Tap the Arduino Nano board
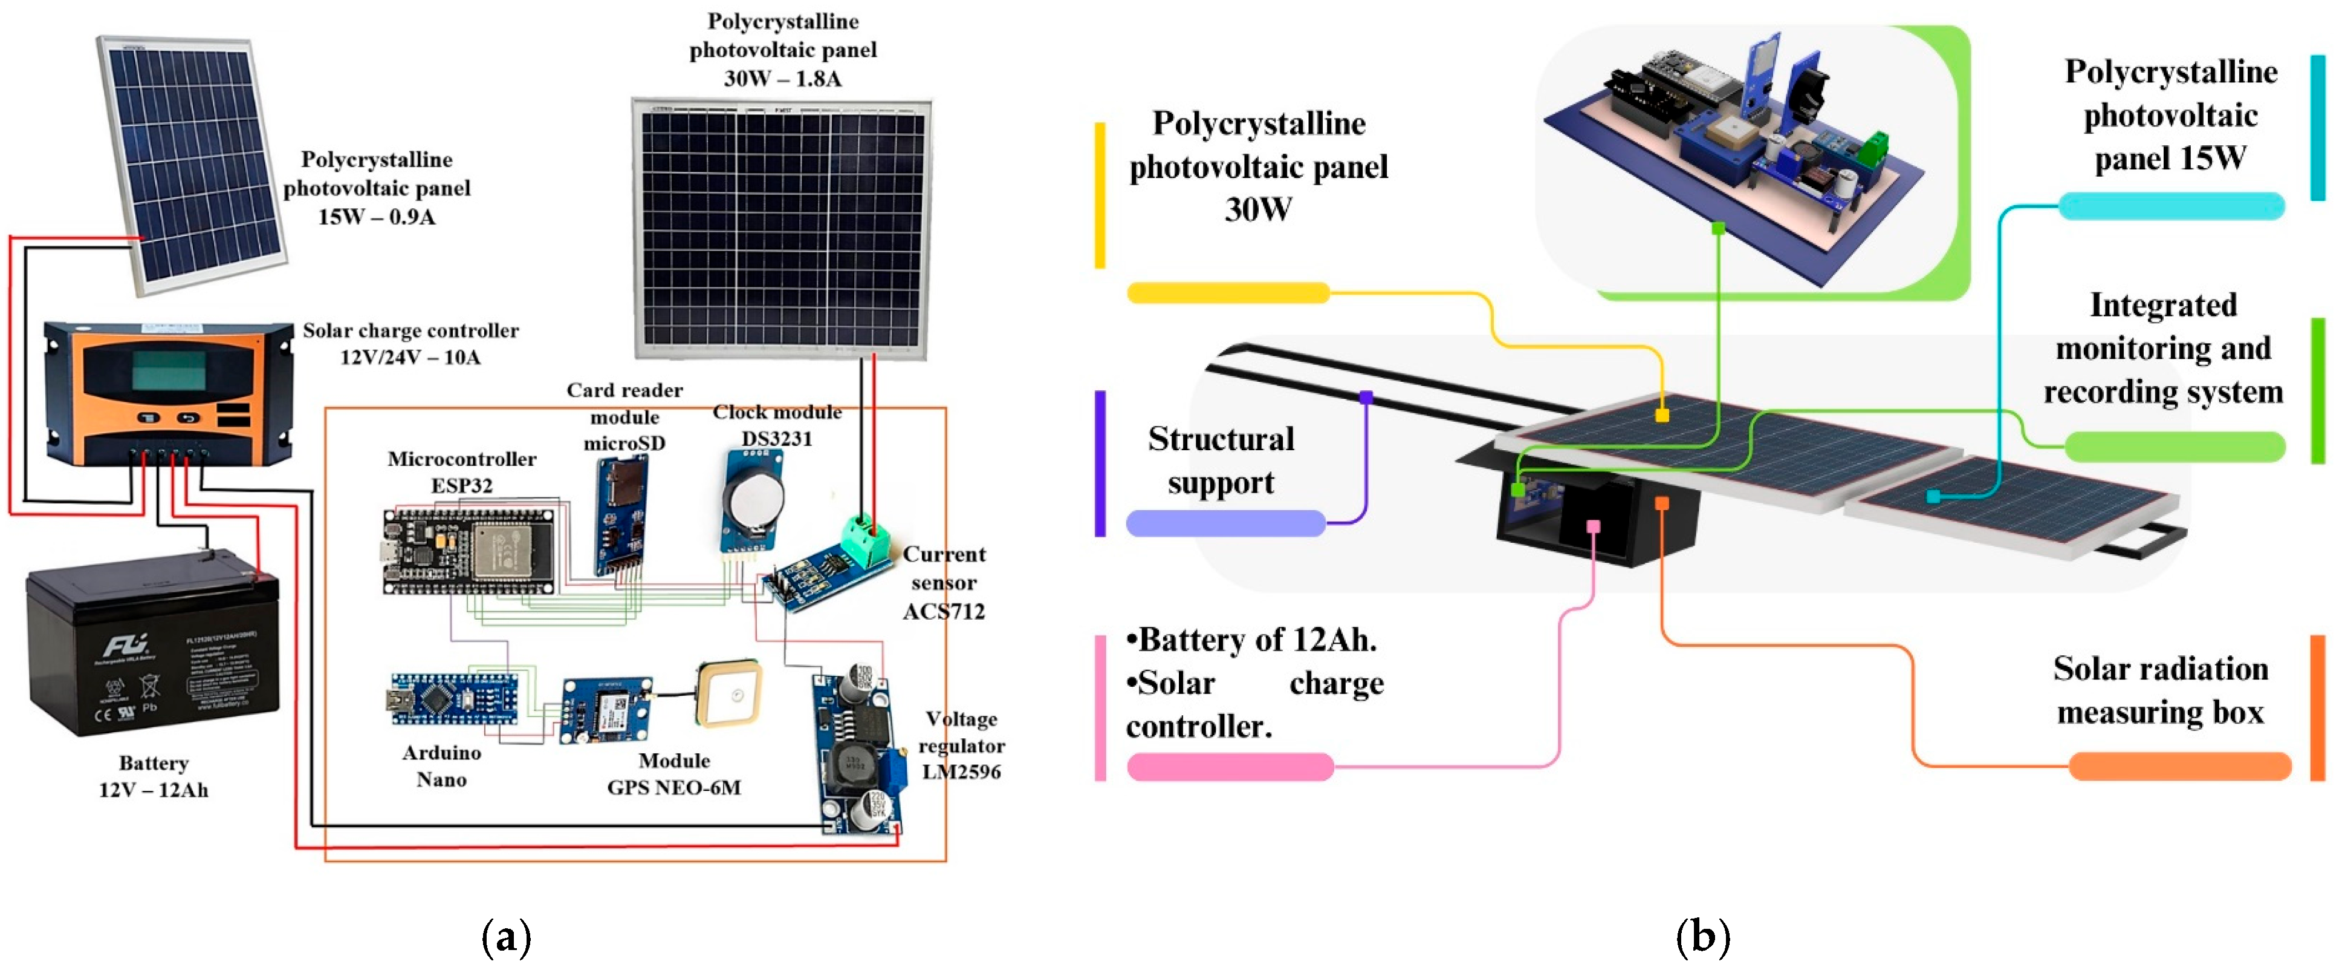[454, 698]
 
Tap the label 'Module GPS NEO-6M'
[673, 774]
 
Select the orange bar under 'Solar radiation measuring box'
[2179, 766]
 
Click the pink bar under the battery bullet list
[1230, 767]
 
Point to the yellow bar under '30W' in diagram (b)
[1228, 292]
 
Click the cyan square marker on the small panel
[1933, 496]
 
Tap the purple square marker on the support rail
[1366, 397]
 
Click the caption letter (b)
[1702, 937]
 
